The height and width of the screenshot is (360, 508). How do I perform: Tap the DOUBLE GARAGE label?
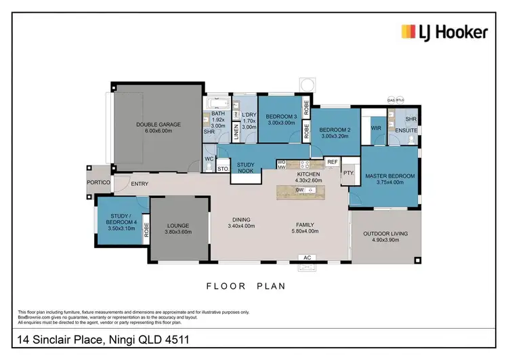tap(157, 124)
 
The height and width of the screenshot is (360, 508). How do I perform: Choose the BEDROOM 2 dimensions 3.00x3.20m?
tap(334, 136)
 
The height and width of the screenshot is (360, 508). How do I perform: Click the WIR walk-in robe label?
tap(376, 127)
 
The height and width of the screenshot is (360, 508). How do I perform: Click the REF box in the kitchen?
tap(333, 163)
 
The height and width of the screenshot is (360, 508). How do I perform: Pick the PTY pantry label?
tap(348, 173)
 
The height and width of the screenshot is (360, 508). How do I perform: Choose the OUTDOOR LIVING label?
tap(385, 234)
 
